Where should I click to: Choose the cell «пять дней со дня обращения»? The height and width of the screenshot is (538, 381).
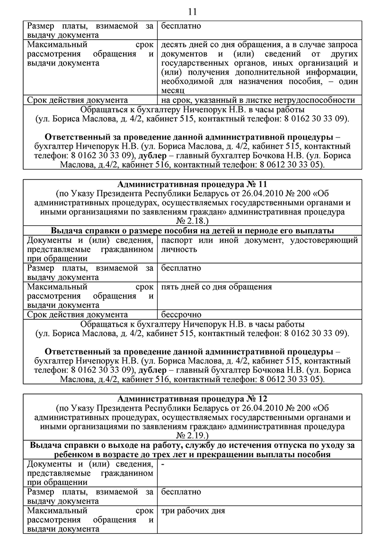pos(216,287)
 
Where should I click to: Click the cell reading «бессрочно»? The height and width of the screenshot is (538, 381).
pos(181,315)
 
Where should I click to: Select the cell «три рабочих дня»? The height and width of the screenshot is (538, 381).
pos(193,511)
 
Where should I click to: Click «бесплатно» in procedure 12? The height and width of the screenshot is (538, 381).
pos(181,492)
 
